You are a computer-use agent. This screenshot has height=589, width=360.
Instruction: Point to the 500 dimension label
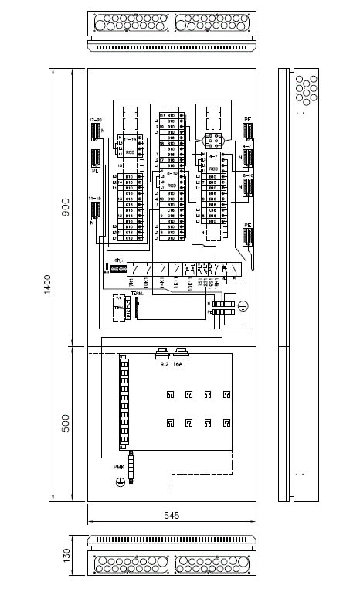(66, 422)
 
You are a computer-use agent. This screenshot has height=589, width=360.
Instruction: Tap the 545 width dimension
(171, 516)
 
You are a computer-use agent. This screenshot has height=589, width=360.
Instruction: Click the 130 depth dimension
(66, 554)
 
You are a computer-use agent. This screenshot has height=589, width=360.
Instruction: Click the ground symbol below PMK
(120, 482)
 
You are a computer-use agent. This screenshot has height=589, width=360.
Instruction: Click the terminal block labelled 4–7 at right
(248, 157)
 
